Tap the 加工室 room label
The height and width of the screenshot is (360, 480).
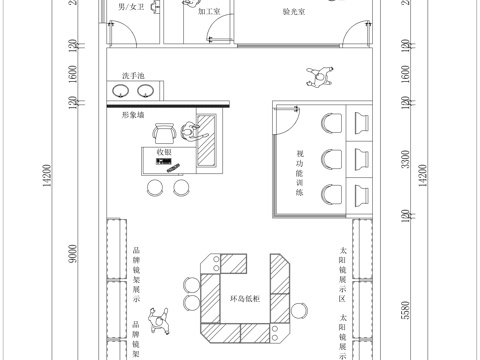209,12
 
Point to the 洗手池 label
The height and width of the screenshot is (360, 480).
133,76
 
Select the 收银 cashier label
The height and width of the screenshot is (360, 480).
164,151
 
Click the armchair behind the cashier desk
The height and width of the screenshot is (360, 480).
188,130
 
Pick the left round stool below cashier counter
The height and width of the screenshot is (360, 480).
155,187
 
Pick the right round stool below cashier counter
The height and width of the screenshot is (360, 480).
181,187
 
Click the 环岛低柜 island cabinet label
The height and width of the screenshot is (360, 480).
245,299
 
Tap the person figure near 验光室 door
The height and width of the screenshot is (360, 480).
318,76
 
